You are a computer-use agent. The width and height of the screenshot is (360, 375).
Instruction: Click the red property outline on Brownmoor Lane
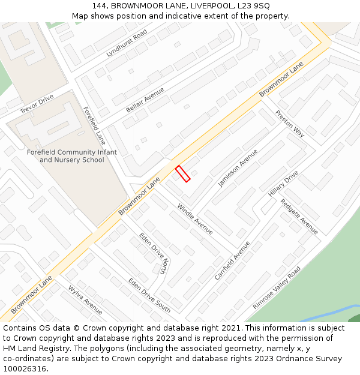point(182,173)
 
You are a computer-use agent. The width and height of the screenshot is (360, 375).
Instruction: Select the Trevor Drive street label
point(37,104)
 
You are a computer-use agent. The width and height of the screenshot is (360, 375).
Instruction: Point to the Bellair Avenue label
point(145,100)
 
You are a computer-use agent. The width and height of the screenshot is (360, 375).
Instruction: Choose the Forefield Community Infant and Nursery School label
point(72,156)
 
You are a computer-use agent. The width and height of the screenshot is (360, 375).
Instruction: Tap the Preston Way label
point(290,124)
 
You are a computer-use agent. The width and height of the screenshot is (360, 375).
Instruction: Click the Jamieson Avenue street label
point(238,168)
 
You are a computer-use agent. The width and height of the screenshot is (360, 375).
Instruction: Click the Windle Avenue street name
point(194,219)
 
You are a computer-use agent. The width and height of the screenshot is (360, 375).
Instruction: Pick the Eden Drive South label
point(149,295)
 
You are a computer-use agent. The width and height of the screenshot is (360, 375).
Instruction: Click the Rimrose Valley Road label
point(277,288)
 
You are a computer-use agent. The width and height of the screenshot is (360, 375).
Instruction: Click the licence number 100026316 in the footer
point(24,369)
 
